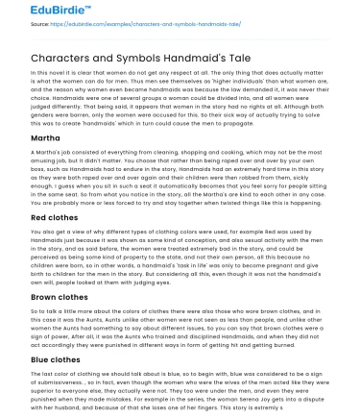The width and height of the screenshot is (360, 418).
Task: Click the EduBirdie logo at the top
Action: (46, 11)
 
